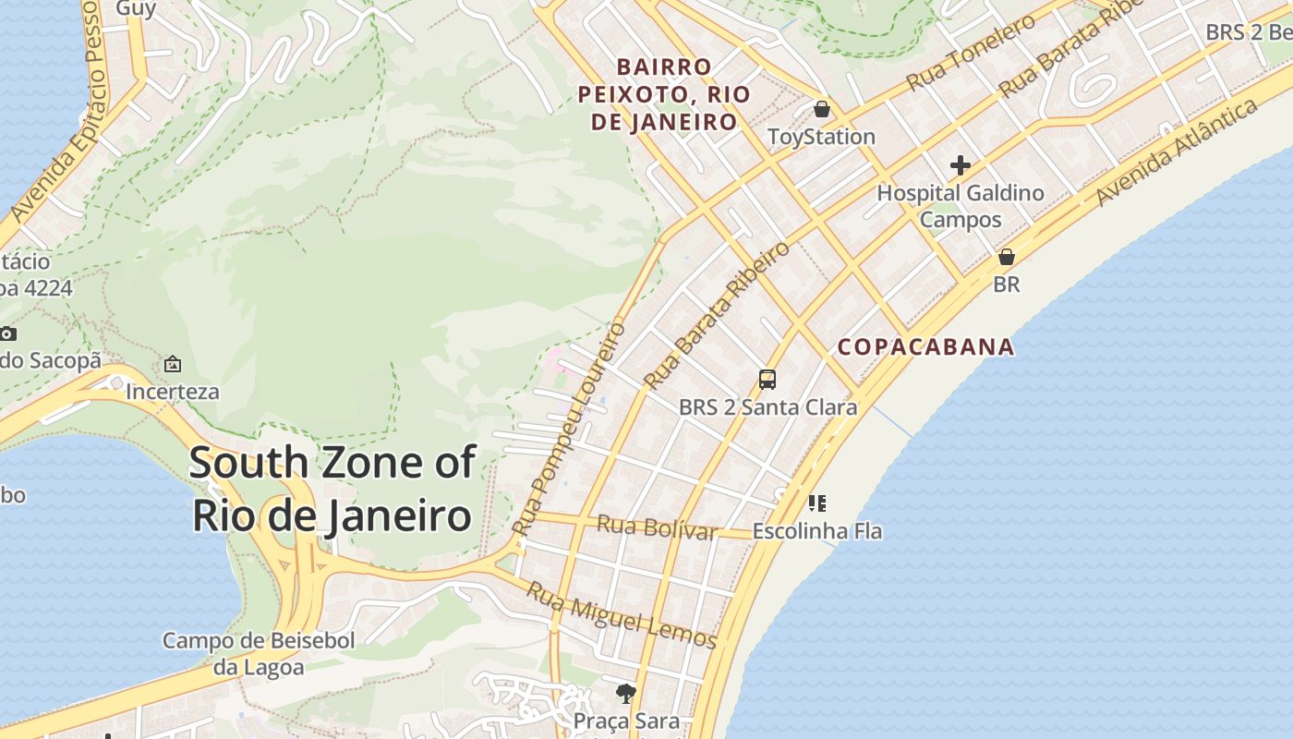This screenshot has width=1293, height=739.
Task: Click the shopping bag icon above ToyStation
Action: tap(822, 110)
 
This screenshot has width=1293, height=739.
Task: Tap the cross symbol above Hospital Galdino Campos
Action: tap(961, 166)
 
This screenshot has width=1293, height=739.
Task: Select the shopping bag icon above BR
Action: tap(1007, 257)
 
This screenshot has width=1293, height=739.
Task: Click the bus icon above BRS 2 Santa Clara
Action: tap(767, 379)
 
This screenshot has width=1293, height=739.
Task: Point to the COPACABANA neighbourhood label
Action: tap(925, 347)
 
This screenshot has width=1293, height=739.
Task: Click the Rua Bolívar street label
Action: tap(657, 527)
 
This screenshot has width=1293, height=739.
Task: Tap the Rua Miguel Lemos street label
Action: tap(621, 613)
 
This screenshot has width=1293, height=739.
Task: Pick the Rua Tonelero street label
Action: tap(971, 53)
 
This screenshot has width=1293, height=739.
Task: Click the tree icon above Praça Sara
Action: tap(626, 693)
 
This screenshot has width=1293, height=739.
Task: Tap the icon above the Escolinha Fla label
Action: tap(816, 503)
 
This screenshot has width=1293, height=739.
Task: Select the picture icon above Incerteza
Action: tap(172, 364)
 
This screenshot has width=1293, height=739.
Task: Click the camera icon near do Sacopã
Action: tap(7, 333)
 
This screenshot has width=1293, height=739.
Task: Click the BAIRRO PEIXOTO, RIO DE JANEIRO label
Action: tap(664, 94)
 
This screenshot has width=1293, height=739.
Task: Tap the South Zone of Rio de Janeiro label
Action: tap(332, 489)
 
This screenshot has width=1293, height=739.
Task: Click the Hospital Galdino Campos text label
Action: tap(961, 206)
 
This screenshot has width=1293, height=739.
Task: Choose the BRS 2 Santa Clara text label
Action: tap(767, 406)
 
